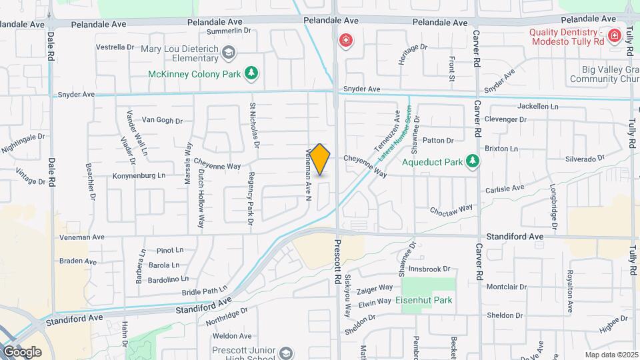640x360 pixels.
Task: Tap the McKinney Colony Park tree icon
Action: point(251,73)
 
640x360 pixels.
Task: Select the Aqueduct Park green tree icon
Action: point(473,161)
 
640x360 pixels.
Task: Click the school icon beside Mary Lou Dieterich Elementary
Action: point(229,52)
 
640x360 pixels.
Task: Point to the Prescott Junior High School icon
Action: point(286,353)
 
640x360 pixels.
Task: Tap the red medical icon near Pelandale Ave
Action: point(345,41)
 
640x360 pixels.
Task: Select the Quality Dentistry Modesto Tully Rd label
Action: point(567,37)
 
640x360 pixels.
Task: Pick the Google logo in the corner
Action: point(22,351)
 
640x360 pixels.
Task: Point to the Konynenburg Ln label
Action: point(139,175)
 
